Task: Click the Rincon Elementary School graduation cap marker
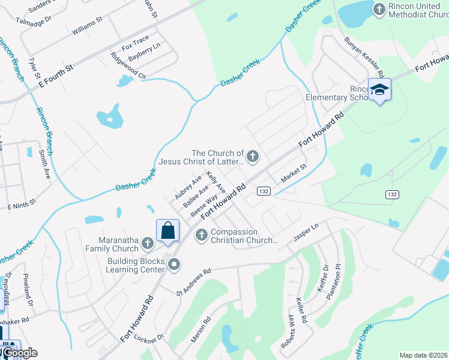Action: tap(379, 89)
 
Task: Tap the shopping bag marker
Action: tap(167, 230)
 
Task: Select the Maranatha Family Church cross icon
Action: tap(148, 244)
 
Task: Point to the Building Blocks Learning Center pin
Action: tap(174, 264)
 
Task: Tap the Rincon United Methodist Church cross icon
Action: tap(379, 9)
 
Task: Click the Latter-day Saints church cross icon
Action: tap(253, 157)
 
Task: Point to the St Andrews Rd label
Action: tap(194, 282)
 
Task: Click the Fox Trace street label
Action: tap(135, 43)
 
